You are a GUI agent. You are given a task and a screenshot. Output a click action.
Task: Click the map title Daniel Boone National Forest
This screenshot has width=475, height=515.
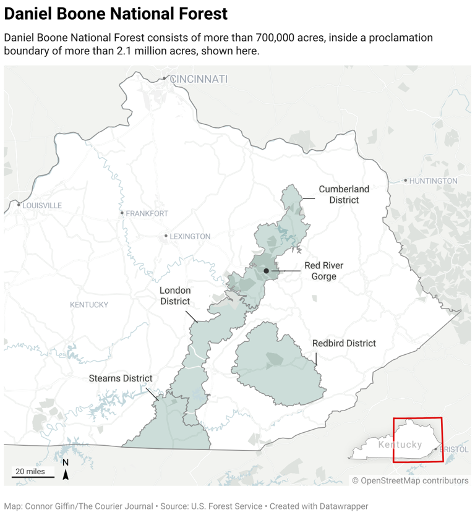(116, 14)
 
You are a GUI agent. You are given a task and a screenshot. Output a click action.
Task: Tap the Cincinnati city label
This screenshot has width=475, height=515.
(198, 79)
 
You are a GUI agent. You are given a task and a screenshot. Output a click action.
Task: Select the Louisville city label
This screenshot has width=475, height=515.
(42, 205)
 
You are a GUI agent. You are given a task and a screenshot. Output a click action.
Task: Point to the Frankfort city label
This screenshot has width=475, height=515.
(147, 213)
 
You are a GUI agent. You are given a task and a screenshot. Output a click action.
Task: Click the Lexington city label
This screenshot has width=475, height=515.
(190, 236)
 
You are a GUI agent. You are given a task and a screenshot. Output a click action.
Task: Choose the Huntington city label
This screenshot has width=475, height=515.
(433, 181)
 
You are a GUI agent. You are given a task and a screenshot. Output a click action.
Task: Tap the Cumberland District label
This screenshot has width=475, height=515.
(344, 194)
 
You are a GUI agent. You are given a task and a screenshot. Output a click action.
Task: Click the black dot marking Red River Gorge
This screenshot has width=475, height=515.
(266, 271)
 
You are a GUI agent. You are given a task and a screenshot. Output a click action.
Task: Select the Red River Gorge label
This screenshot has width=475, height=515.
(323, 271)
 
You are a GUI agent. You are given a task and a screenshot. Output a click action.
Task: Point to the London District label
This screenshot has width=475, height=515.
(175, 296)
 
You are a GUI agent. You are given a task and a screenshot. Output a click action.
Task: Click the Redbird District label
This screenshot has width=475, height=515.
(344, 343)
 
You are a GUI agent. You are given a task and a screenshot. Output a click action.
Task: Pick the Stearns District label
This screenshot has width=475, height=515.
(120, 378)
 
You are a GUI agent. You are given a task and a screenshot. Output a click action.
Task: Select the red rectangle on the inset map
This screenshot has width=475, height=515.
(418, 440)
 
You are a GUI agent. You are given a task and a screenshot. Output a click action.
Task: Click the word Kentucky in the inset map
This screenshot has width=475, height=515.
(400, 445)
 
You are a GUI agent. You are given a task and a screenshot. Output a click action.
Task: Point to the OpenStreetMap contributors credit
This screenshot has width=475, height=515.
(410, 480)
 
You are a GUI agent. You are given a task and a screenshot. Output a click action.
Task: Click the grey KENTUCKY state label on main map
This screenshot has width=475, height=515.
(89, 305)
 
